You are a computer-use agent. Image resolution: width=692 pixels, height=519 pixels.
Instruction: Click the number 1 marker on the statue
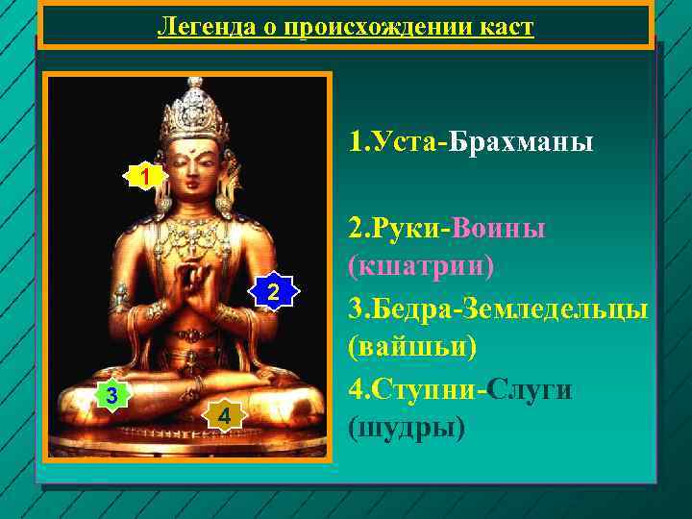143,177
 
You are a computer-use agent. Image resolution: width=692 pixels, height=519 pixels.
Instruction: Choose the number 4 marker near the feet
223,415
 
